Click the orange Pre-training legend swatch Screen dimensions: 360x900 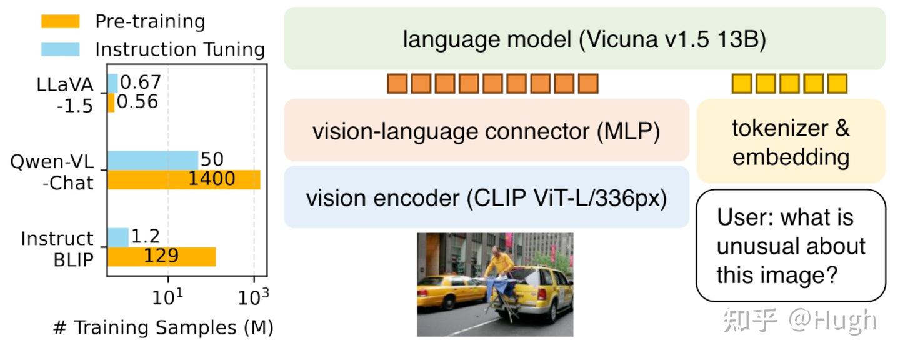61,21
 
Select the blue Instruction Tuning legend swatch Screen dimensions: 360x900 61,49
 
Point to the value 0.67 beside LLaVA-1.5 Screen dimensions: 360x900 141,82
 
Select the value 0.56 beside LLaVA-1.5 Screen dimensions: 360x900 137,101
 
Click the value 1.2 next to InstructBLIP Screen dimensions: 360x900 146,236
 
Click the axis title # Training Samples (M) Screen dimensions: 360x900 164,327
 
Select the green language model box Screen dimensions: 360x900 584,39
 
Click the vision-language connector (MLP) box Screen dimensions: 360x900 486,131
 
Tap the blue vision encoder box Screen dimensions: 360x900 486,197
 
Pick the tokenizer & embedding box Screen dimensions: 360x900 791,142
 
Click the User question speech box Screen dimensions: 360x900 791,246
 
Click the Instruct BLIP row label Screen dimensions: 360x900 57,247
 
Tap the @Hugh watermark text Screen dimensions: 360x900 831,320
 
